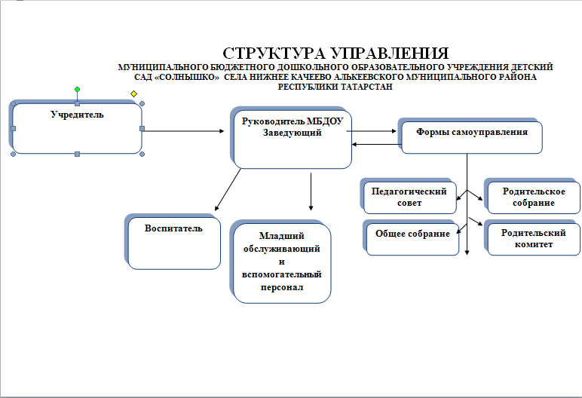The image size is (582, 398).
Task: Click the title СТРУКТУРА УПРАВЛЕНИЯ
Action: click(336, 54)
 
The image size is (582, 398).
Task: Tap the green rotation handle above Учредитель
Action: click(77, 89)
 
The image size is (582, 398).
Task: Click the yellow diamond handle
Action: click(134, 93)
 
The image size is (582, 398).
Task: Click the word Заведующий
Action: click(292, 133)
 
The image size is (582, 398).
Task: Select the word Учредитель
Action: click(77, 115)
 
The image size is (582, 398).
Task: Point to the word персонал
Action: click(282, 287)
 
